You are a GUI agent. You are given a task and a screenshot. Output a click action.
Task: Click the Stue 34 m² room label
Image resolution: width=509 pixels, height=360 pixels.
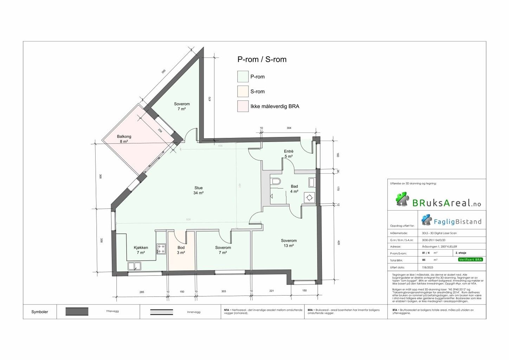point(198,190)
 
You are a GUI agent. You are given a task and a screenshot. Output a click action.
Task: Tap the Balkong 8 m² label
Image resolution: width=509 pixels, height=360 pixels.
point(124,139)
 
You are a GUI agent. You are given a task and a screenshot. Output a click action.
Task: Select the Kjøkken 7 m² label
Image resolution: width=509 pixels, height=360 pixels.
point(141,250)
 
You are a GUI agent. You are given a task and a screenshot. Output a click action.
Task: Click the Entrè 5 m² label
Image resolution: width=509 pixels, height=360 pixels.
point(289,154)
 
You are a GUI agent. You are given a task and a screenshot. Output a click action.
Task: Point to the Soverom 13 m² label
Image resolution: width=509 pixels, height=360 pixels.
point(289,243)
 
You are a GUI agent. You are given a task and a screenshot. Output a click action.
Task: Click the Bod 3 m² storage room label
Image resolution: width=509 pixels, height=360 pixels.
point(181,250)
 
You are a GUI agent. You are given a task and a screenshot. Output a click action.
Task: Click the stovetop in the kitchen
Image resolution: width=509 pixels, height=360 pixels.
point(161,249)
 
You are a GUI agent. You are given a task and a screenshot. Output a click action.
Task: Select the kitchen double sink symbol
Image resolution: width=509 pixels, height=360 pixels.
point(134,266)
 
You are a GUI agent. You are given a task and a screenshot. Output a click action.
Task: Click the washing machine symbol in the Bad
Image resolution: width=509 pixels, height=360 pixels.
point(310,198)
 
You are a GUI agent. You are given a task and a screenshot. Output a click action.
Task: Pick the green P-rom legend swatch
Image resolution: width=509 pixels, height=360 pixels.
point(243,77)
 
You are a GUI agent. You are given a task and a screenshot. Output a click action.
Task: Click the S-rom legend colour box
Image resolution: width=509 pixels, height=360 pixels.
point(243,91)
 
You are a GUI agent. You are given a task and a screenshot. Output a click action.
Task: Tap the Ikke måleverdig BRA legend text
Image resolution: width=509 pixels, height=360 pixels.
point(275,106)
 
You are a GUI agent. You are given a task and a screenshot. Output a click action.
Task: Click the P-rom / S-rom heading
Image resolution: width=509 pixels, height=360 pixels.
point(262,59)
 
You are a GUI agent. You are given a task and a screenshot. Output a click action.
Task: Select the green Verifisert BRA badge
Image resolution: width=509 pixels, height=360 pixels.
point(470,259)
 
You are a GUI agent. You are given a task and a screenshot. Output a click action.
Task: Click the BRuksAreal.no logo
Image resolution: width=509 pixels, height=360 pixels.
point(438,200)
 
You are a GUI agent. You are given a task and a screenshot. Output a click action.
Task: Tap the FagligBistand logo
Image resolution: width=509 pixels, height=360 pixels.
point(451,221)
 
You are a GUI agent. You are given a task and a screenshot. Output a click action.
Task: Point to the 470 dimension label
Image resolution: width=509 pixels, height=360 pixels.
point(210,99)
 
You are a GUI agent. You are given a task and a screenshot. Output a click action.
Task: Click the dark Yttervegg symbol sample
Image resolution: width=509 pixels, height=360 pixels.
point(77,311)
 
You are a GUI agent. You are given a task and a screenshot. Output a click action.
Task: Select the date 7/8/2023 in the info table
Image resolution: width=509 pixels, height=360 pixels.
point(428,268)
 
